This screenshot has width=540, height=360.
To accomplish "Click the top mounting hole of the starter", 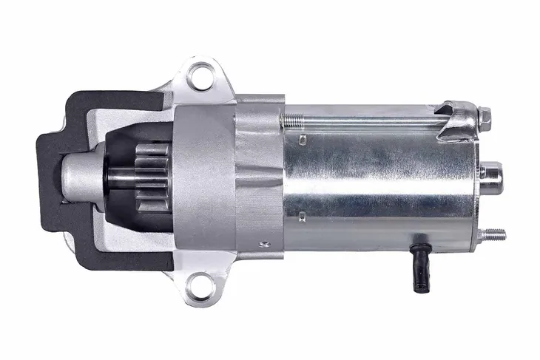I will pos(198,74).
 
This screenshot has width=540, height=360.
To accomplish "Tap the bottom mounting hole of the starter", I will pos(198,283).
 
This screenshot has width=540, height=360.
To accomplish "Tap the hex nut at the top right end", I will pos(485,115).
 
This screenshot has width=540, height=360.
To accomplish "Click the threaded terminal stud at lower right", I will pos(493,235).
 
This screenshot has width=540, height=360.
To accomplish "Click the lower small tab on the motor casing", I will pos(303,216).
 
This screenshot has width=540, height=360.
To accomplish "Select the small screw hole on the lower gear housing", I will pos(261,242).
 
